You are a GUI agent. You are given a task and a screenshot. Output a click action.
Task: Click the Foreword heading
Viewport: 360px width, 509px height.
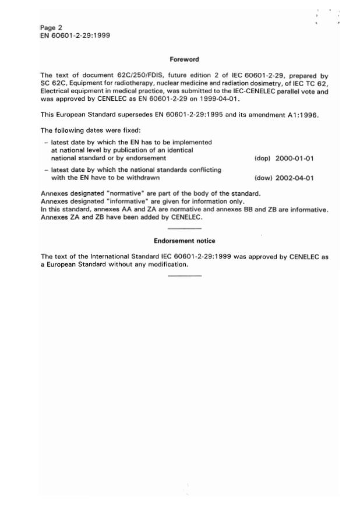[x=184, y=59]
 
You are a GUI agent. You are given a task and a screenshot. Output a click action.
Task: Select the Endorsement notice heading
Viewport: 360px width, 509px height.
[x=184, y=241]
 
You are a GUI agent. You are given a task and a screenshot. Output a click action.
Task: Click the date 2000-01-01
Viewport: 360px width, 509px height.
[x=295, y=158]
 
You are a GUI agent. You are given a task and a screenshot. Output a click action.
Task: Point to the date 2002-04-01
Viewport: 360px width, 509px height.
[x=295, y=178]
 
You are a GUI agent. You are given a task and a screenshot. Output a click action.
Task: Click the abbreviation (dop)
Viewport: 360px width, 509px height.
[x=263, y=158]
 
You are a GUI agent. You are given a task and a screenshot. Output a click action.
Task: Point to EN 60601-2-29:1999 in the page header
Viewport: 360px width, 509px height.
[x=76, y=36]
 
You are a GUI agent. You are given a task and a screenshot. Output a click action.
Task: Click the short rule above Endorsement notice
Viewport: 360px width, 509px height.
[x=184, y=228]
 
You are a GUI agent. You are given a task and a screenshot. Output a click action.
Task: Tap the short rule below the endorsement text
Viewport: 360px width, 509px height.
[x=184, y=274]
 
